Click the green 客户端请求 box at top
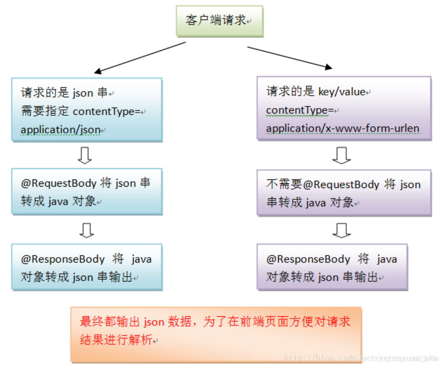tap(219, 20)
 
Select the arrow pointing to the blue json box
tap(140, 57)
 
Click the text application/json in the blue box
tap(61, 130)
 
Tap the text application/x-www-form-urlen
tap(343, 128)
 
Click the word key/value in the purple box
tap(341, 92)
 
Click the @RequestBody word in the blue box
tap(59, 183)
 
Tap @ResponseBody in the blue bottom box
tap(63, 259)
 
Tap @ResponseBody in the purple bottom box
tap(308, 259)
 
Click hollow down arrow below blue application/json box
tap(85, 155)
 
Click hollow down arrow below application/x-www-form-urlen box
tap(341, 155)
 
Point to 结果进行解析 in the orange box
tap(116, 340)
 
